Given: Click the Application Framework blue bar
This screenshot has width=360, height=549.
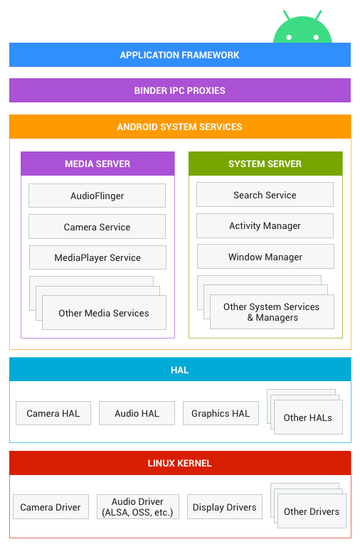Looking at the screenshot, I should pyautogui.click(x=179, y=55).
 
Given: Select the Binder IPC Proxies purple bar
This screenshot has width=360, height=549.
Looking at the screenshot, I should pyautogui.click(x=179, y=90).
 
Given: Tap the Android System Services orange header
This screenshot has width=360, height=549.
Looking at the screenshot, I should pyautogui.click(x=179, y=127).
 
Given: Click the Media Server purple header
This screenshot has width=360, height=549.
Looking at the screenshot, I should pyautogui.click(x=97, y=164).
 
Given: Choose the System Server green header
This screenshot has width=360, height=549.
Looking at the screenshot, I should pyautogui.click(x=265, y=164).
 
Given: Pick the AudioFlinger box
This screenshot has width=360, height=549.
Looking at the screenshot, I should pyautogui.click(x=97, y=196).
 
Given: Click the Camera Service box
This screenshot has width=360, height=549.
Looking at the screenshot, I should pyautogui.click(x=97, y=227).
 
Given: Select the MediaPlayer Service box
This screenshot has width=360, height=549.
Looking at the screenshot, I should pyautogui.click(x=97, y=257).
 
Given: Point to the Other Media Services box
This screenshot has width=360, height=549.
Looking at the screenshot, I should pyautogui.click(x=104, y=313).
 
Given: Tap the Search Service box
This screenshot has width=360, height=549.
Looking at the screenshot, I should pyautogui.click(x=265, y=195).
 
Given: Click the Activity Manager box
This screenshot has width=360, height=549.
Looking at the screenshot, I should pyautogui.click(x=265, y=225).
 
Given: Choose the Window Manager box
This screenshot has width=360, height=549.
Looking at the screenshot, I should pyautogui.click(x=265, y=257).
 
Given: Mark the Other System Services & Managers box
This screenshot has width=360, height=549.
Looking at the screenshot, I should pyautogui.click(x=272, y=311).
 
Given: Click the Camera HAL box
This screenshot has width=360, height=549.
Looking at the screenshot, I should pyautogui.click(x=53, y=413).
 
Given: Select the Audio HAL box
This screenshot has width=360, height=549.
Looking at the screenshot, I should pyautogui.click(x=137, y=413).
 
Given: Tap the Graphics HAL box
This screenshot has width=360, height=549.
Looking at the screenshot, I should pyautogui.click(x=221, y=413).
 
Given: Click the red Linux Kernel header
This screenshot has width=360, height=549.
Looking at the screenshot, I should pyautogui.click(x=179, y=463).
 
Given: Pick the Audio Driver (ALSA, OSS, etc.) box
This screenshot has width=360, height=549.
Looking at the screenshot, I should pyautogui.click(x=137, y=507).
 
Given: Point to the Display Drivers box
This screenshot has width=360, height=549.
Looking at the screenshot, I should pyautogui.click(x=225, y=507).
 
